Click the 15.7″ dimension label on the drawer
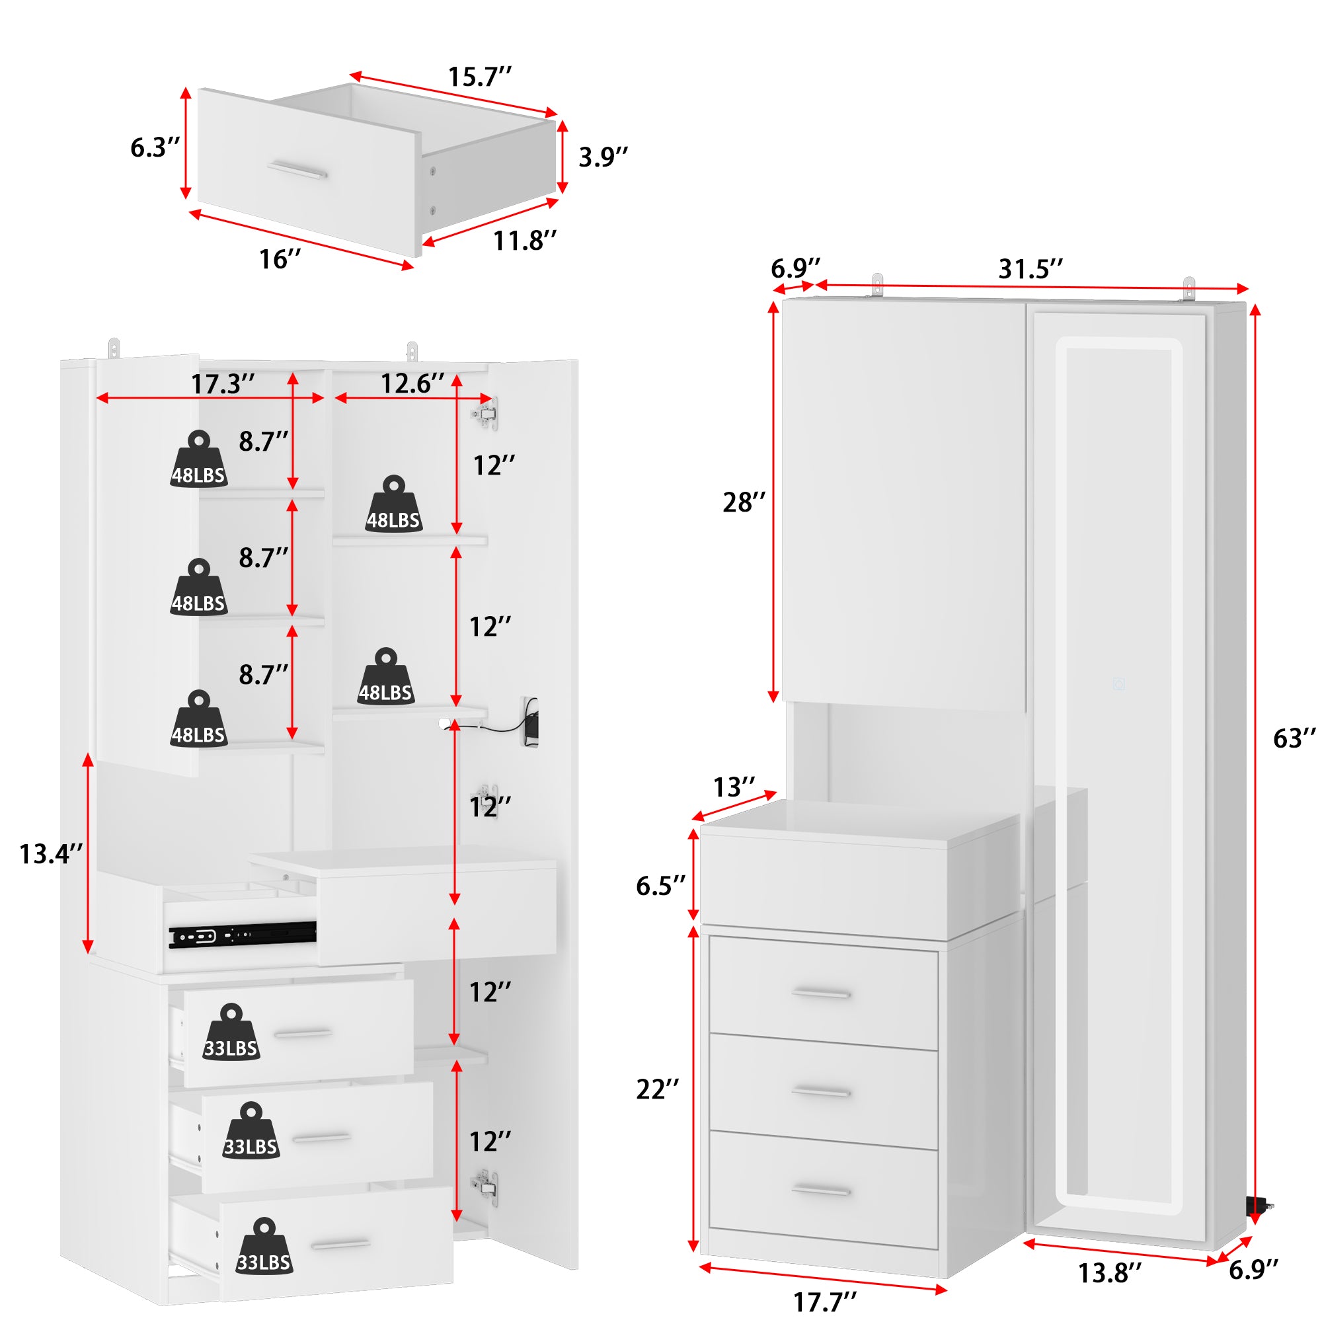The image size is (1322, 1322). pyautogui.click(x=480, y=77)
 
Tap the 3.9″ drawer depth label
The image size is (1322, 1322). pyautogui.click(x=603, y=157)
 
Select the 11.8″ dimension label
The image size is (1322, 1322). pyautogui.click(x=525, y=240)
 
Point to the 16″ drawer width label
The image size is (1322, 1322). pyautogui.click(x=280, y=259)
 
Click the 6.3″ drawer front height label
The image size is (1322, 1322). pyautogui.click(x=155, y=147)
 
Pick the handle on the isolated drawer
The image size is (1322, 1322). pyautogui.click(x=296, y=170)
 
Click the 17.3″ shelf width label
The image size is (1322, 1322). pyautogui.click(x=222, y=384)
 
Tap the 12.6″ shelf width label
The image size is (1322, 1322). pyautogui.click(x=412, y=383)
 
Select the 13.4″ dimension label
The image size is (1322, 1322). pyautogui.click(x=51, y=854)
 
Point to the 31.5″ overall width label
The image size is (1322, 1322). pyautogui.click(x=1030, y=269)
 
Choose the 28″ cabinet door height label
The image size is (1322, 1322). pyautogui.click(x=744, y=502)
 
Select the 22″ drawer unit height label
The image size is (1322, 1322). pyautogui.click(x=658, y=1089)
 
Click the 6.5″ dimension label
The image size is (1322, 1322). pyautogui.click(x=660, y=886)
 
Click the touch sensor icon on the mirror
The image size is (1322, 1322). pyautogui.click(x=1119, y=683)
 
